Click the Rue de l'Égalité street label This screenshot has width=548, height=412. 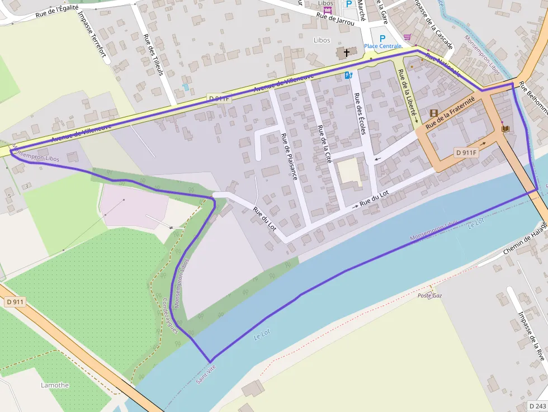(56, 12)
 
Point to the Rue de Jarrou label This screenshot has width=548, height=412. (336, 18)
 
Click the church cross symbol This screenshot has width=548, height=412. (347, 53)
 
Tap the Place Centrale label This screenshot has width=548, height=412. (383, 46)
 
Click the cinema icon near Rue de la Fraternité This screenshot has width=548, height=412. (434, 113)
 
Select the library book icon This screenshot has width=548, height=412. (506, 129)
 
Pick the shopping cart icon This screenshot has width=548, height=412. (408, 37)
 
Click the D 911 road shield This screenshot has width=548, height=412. (16, 302)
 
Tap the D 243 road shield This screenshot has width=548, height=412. (537, 406)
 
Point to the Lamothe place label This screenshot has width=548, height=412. (55, 385)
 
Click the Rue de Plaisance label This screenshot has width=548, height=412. (290, 160)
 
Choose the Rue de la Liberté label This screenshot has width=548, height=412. (407, 92)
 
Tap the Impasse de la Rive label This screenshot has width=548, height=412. (531, 335)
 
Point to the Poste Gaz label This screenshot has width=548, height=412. (429, 295)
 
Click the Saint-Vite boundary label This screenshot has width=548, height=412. (205, 373)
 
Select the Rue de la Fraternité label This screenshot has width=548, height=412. (450, 112)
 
